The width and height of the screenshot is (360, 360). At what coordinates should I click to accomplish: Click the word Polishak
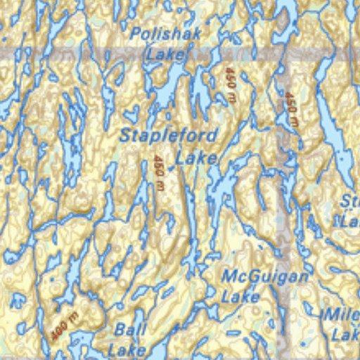coord(166,34)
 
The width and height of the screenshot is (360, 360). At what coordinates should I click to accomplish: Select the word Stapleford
coord(169,136)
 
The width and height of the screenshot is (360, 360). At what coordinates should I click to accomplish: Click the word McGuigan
coord(264,277)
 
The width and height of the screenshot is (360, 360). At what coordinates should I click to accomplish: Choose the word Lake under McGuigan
coord(241,297)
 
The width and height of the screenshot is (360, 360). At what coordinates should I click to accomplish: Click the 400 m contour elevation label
coord(64,326)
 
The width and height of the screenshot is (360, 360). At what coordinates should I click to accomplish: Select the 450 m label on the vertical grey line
coord(290,109)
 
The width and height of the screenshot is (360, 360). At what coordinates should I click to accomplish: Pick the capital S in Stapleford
coord(125,136)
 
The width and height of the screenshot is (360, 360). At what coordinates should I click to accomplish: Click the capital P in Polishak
coord(136,34)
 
